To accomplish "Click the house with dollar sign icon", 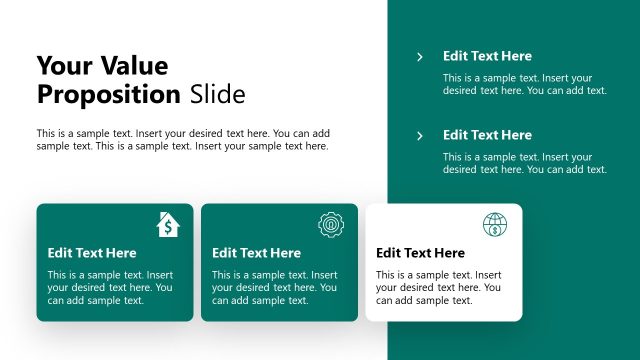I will coord(168,224).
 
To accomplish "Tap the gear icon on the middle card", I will coord(330,224).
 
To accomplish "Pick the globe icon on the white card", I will coord(495,224).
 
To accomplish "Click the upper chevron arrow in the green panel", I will coord(420,57).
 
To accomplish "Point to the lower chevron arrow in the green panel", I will coord(420,136).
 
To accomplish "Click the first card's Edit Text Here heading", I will coord(92,253).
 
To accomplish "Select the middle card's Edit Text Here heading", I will coord(256,253).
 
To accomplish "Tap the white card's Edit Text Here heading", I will coord(420,253).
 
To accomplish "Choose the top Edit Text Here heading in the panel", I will coord(487,56).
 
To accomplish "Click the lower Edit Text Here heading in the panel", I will coord(487,135).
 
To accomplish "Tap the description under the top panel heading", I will coord(525,84).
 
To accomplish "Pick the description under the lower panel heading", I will coord(525,163).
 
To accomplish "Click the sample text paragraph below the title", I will coord(183,140).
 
